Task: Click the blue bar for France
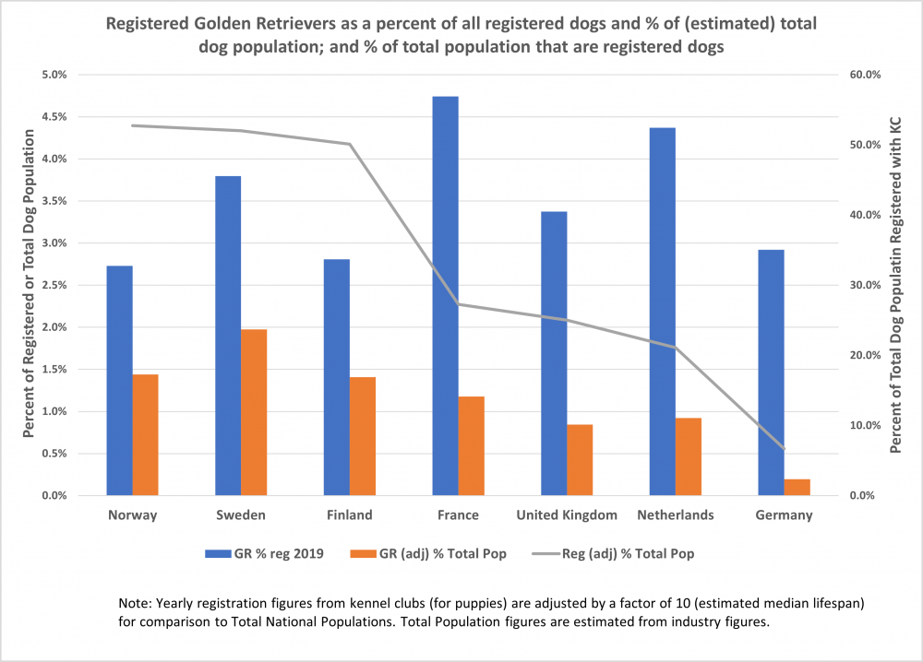pos(445,295)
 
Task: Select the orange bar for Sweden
pos(254,412)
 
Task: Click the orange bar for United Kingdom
pos(580,459)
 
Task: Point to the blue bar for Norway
pos(119,380)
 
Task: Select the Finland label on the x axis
pos(349,515)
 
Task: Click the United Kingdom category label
pos(567,515)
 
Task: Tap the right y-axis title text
pos(894,285)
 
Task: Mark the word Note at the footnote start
pos(135,603)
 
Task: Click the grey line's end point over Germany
pos(784,449)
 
